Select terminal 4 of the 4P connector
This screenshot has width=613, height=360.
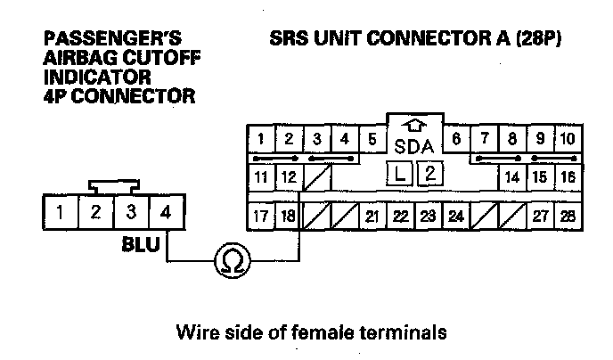pos(165,214)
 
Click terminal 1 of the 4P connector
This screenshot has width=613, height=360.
pos(60,214)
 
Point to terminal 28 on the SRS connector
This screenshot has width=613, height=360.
pos(568,216)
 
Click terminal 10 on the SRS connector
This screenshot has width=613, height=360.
pos(568,139)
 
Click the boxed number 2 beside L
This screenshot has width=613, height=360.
pos(429,174)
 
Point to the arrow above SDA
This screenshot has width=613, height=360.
pos(413,126)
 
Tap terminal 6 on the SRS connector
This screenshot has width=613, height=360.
pos(455,139)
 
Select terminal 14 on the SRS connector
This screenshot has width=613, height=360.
pos(511,176)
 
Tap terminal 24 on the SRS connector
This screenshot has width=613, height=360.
pos(456,216)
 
